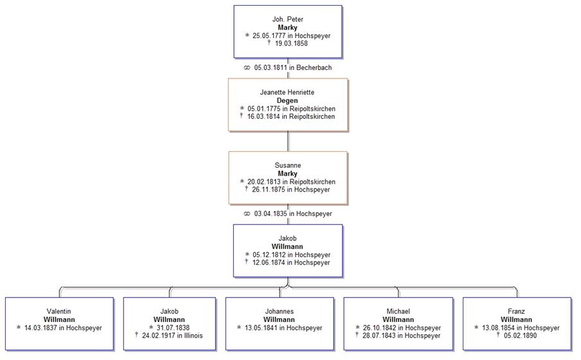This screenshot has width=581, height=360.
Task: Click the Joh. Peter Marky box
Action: point(287,32)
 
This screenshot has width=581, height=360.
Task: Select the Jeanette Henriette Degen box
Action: point(287,105)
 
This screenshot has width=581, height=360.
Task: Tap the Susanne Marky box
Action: point(287,177)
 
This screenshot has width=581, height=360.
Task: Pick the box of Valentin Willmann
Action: point(59,323)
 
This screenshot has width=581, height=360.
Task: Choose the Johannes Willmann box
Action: point(279,323)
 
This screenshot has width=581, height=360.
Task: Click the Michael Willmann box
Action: point(398,323)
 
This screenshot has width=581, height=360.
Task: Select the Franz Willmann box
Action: point(516,323)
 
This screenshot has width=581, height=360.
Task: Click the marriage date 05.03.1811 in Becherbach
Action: point(292,67)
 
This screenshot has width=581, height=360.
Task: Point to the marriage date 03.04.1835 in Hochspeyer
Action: point(292,213)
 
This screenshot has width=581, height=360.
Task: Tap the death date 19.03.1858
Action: point(290,44)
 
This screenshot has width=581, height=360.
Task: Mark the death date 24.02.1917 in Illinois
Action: point(172,336)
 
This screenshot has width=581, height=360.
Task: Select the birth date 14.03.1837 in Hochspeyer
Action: point(63,328)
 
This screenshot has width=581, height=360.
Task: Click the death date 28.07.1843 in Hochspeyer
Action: point(402,336)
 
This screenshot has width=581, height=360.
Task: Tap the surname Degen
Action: point(287,101)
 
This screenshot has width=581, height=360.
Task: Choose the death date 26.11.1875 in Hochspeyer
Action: point(291,190)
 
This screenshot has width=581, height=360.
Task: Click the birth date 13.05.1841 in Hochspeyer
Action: point(283,328)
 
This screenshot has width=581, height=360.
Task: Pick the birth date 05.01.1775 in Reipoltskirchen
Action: point(291,109)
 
